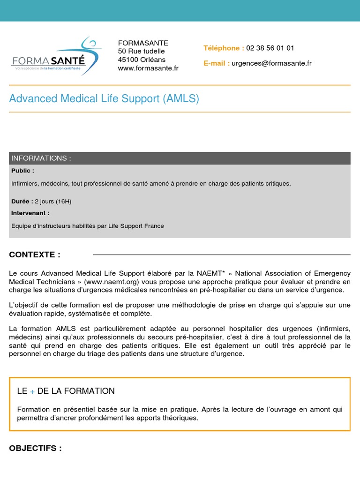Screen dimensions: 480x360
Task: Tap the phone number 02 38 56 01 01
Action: (x=270, y=48)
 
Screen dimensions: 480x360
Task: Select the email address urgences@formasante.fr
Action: (x=271, y=63)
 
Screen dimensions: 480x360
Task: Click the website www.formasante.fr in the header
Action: (x=148, y=68)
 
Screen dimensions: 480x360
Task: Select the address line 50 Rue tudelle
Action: (x=142, y=51)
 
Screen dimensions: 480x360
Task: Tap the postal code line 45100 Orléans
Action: (x=142, y=60)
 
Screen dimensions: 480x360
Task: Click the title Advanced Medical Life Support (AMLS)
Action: (x=104, y=98)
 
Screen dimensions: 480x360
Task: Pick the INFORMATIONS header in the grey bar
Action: (x=41, y=158)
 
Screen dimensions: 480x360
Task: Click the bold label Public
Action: (x=22, y=171)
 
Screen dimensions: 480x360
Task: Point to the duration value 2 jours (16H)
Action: (x=53, y=202)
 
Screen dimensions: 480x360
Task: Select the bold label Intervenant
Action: (x=30, y=213)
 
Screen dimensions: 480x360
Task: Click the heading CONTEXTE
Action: (x=35, y=255)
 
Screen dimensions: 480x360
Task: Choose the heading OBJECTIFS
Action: (x=36, y=448)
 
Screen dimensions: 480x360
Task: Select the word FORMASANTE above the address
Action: (x=143, y=43)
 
